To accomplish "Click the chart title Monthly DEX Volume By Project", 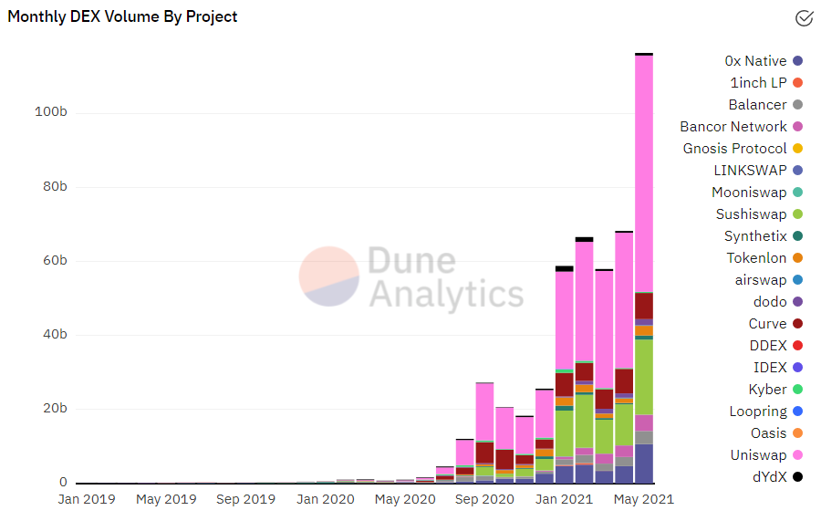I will tap(123, 16).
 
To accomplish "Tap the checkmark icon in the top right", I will tap(804, 17).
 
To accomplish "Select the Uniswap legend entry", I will tap(758, 455).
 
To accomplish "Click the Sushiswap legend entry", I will tap(751, 214).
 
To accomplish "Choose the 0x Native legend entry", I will tap(755, 61).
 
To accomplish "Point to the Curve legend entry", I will tap(767, 324).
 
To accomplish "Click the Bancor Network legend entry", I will tap(733, 127).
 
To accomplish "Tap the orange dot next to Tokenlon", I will tap(797, 258).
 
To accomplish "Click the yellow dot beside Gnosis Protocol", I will tap(797, 149).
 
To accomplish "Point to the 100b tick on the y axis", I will tap(51, 112).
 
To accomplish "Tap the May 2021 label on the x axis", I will tap(643, 500).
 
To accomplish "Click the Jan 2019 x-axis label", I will tap(88, 500).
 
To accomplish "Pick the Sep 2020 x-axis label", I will tap(484, 500).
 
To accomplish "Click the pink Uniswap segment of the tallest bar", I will tap(643, 173).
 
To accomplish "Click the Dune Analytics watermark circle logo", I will tap(329, 276).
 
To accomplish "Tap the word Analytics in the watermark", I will tap(446, 295).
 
